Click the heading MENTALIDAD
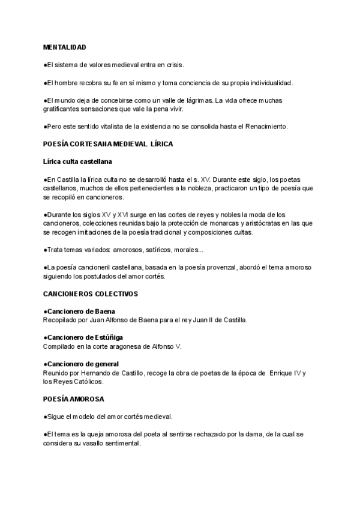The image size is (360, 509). (65, 47)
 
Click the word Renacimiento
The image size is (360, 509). (268, 126)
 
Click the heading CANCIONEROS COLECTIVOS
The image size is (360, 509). (91, 294)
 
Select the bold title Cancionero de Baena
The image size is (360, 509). (80, 312)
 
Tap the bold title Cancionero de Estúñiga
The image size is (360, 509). (85, 337)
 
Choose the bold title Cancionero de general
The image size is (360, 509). (82, 364)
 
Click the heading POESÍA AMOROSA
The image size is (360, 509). (73, 399)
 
